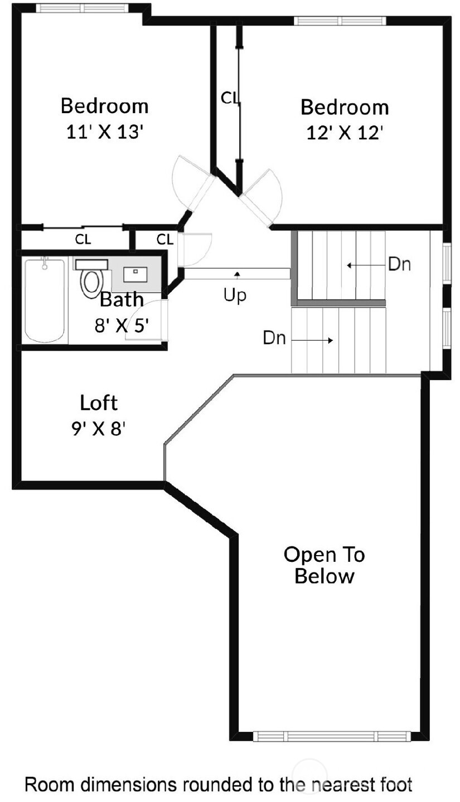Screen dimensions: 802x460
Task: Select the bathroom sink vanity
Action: click(135, 275)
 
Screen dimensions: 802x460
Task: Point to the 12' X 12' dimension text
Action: click(345, 133)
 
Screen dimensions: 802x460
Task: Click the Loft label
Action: click(99, 402)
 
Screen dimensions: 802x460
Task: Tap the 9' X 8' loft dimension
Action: click(99, 429)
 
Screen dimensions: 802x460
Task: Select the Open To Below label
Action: click(324, 565)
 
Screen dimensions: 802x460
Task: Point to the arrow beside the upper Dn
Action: click(362, 265)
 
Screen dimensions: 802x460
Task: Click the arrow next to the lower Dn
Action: click(312, 340)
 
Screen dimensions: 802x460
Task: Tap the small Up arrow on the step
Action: click(237, 274)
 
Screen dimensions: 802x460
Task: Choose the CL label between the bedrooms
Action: click(230, 98)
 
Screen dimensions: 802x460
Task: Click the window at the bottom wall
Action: click(332, 736)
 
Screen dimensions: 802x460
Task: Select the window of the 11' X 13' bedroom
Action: click(82, 8)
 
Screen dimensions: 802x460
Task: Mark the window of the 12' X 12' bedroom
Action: click(340, 21)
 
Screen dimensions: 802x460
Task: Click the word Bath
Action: click(122, 300)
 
